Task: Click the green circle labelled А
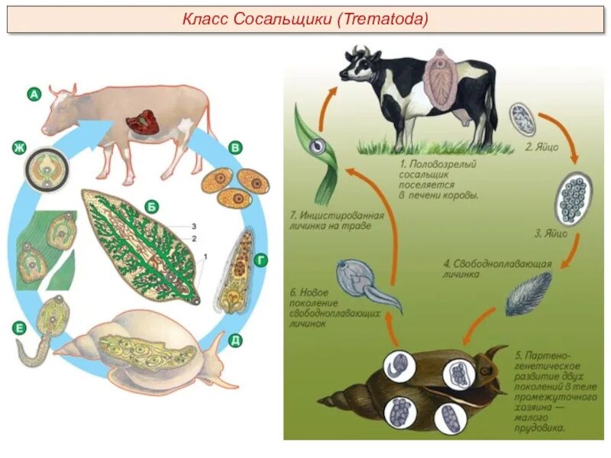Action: [x=34, y=95]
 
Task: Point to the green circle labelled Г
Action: [x=261, y=262]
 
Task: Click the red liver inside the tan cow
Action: [x=142, y=123]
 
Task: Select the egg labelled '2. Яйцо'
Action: [x=522, y=118]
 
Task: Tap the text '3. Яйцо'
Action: [x=550, y=234]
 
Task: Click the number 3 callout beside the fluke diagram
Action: [x=194, y=227]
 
